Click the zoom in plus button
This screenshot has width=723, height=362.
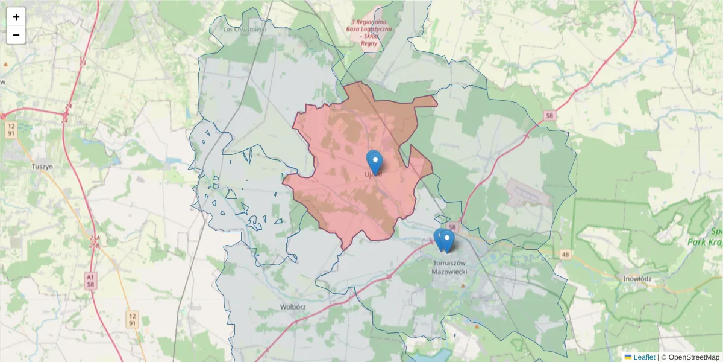point(16,17)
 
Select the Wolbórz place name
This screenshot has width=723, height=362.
point(294,306)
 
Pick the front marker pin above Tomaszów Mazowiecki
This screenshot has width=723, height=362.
point(446,240)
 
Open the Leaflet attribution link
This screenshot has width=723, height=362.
point(643,357)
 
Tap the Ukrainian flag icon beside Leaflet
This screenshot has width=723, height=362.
point(628,357)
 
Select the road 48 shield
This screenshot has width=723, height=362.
point(564,255)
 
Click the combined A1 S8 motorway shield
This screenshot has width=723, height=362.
point(90,280)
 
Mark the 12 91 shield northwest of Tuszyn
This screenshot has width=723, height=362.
point(11,130)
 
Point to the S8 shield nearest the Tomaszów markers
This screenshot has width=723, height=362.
point(454,227)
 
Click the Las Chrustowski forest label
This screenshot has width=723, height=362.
point(244,29)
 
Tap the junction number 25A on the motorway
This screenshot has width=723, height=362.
point(94,240)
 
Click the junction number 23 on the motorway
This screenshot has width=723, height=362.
point(83,62)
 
